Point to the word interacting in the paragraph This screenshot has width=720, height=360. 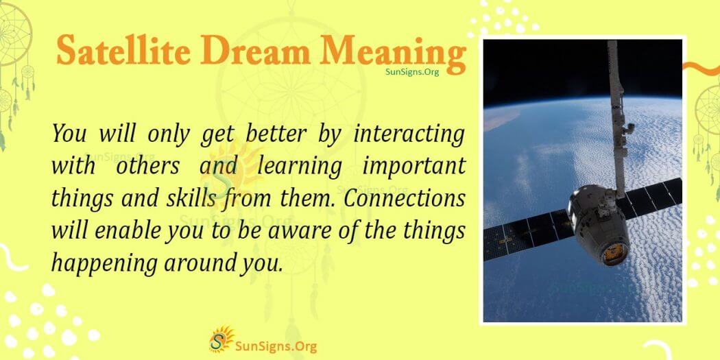409,134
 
